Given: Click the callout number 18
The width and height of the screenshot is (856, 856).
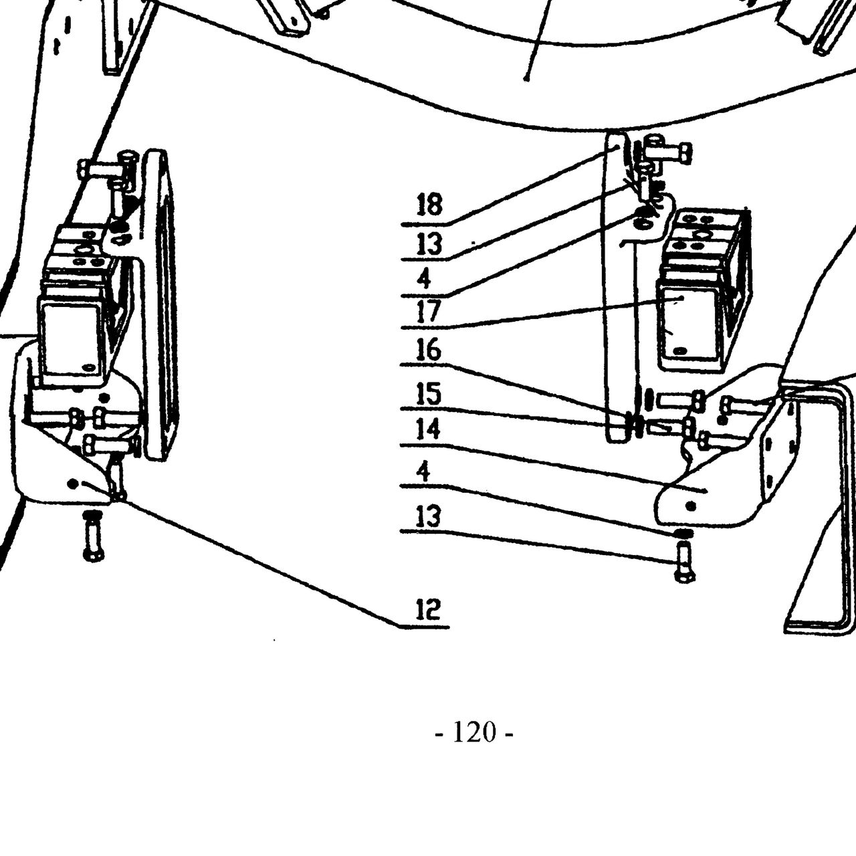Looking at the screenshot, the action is tap(429, 205).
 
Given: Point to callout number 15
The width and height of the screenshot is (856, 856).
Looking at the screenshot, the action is tap(428, 393).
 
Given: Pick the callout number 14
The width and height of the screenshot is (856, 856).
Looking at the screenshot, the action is tap(428, 429).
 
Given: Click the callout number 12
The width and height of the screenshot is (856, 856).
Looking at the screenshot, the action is tap(428, 609).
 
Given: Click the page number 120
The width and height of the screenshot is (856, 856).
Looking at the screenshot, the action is tap(474, 732).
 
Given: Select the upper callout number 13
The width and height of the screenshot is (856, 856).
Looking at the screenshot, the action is tap(429, 244).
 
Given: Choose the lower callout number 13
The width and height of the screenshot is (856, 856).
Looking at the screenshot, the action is tap(428, 516).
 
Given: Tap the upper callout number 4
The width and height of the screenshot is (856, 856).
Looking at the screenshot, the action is tap(424, 279).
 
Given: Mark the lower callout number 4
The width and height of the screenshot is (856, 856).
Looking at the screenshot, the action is tap(423, 470).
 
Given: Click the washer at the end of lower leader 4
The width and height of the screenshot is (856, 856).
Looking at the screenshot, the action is tap(683, 533).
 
